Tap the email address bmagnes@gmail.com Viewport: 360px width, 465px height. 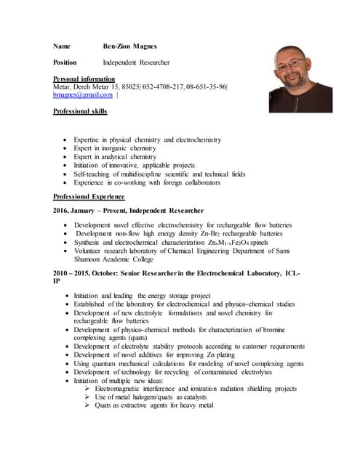(x=83, y=94)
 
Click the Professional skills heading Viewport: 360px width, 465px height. (x=81, y=111)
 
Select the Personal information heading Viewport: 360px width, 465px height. (x=84, y=78)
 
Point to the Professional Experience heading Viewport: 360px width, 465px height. (x=89, y=197)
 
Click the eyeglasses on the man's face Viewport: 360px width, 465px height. (x=293, y=64)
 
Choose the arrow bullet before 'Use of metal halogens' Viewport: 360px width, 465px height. (x=87, y=397)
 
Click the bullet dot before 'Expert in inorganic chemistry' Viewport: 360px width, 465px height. (x=66, y=148)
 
